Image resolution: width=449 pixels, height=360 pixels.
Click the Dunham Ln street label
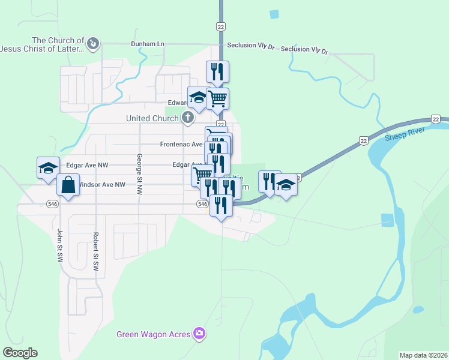148,44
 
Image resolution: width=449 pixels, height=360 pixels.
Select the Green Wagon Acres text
153,334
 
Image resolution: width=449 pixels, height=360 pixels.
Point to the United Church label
152,118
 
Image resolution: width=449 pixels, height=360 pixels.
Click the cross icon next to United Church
187,118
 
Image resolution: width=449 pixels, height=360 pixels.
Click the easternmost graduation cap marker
286,184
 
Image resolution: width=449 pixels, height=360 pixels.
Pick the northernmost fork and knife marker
218,71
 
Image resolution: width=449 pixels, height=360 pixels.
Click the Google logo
20,353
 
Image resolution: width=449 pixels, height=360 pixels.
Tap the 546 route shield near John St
52,204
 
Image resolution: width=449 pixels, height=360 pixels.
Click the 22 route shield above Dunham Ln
221,26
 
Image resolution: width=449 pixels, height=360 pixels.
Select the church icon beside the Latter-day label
93,43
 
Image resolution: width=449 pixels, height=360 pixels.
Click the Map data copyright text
423,355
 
